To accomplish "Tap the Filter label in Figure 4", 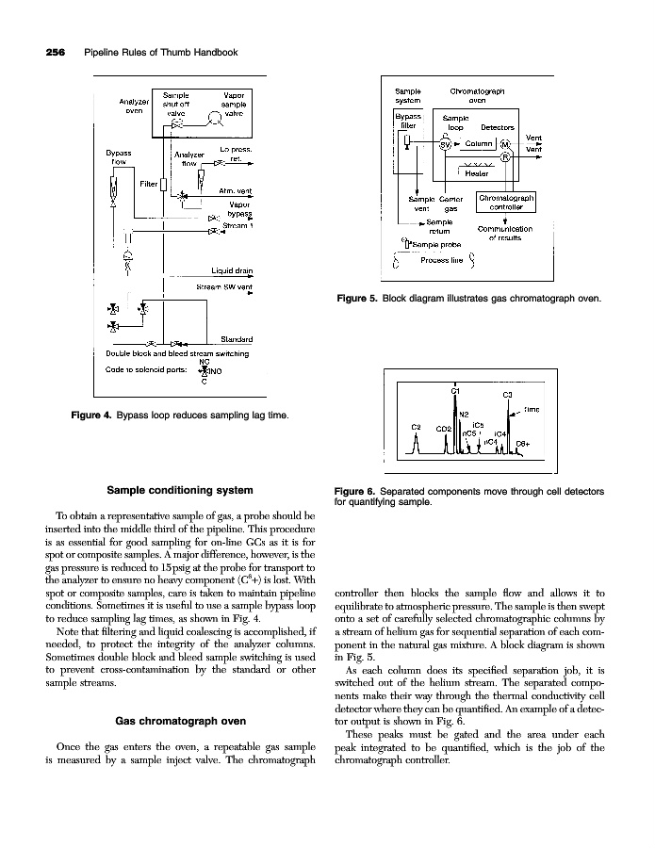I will tap(148, 182).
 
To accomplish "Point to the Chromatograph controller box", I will tap(507, 204).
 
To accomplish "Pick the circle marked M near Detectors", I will tap(506, 144).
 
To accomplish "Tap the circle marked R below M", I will tap(506, 156).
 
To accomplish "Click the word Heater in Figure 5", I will tap(476, 173).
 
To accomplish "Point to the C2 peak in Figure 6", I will tap(417, 428).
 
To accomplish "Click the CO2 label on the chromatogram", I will tap(443, 429).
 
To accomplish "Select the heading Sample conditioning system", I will tap(179, 491).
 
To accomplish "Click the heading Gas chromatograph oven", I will tap(180, 722).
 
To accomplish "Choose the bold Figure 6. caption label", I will tap(359, 491).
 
